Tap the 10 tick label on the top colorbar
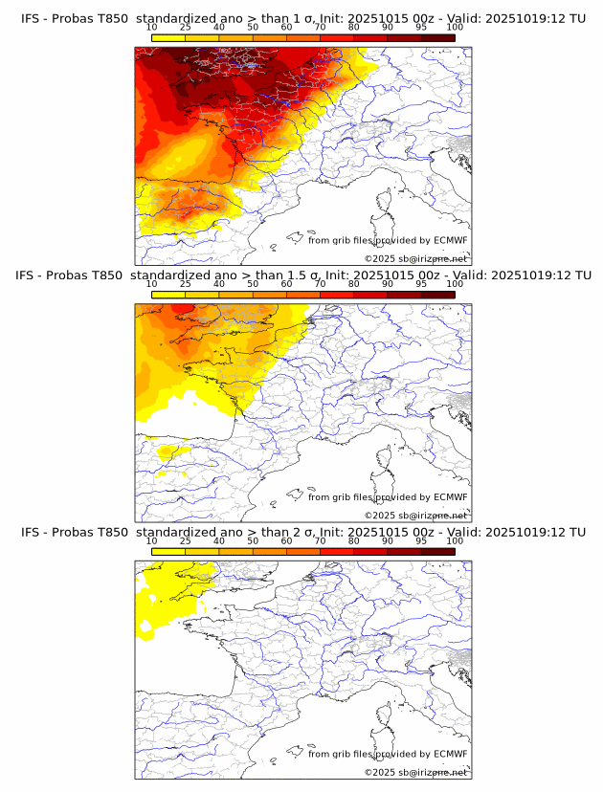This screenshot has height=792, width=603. [x=151, y=29]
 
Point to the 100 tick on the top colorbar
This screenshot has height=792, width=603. [x=455, y=29]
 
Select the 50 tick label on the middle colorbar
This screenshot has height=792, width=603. [x=253, y=284]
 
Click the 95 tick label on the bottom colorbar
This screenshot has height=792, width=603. [x=421, y=540]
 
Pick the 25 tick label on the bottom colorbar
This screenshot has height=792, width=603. [x=185, y=540]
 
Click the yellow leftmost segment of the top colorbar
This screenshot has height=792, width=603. [x=167, y=37]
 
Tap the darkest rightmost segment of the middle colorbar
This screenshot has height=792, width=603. [x=438, y=294]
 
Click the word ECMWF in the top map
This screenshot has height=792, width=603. [x=450, y=240]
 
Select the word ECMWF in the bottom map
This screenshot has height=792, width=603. [x=450, y=754]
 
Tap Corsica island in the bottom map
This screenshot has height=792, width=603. [x=386, y=714]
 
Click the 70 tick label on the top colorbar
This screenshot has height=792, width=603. [x=320, y=29]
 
